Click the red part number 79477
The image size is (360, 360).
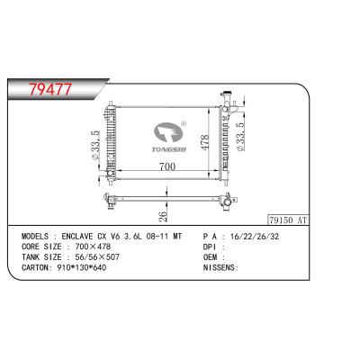50,89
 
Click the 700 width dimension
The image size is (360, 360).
167,166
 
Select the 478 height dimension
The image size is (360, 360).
204,143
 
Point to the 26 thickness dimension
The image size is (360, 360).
162,217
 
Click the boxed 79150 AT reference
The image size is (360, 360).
288,220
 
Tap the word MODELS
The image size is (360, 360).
35,237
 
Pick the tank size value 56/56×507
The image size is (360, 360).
94,257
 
